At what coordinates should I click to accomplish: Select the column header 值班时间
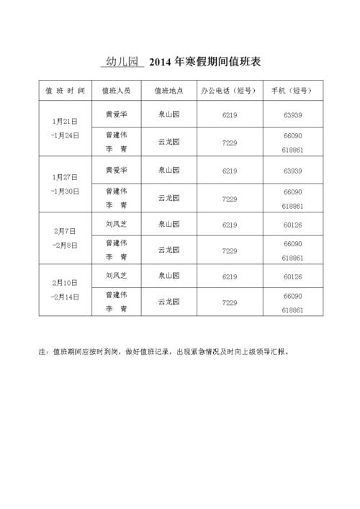click(x=65, y=91)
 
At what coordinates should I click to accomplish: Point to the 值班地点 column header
click(x=169, y=91)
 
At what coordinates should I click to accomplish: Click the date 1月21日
click(x=65, y=122)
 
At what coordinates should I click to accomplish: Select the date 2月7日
click(x=65, y=232)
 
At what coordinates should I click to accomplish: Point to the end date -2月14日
click(x=65, y=297)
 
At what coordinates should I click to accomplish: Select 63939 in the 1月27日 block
click(x=292, y=171)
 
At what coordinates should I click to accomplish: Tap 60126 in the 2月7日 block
click(x=292, y=225)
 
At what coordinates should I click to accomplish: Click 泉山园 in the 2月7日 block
click(x=169, y=225)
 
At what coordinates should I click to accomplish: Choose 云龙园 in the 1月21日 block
click(x=169, y=142)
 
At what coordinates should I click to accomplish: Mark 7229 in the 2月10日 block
click(x=230, y=303)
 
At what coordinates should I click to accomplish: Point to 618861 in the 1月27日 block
click(x=292, y=206)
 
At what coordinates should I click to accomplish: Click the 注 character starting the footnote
click(x=41, y=353)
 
